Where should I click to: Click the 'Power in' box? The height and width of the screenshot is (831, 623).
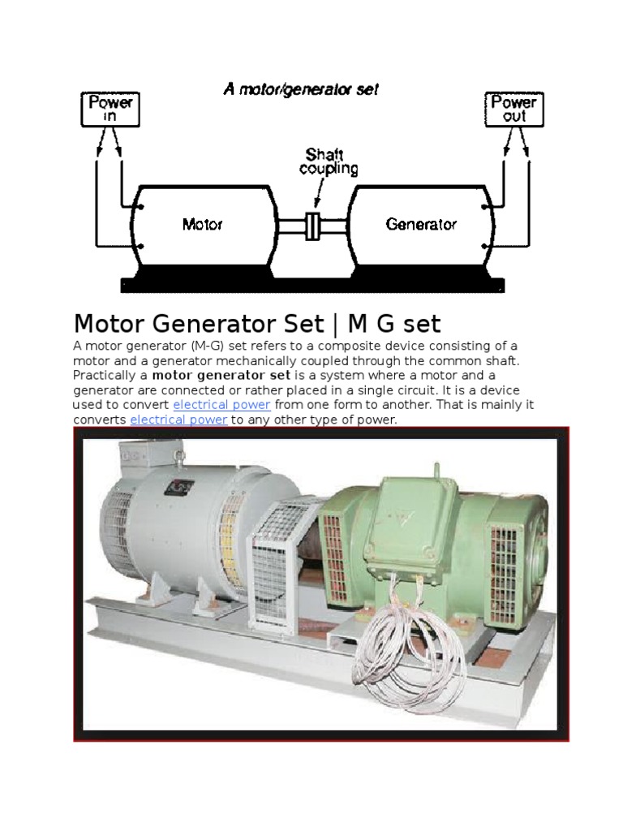[x=110, y=109]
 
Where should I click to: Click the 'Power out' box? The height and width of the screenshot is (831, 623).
[x=513, y=109]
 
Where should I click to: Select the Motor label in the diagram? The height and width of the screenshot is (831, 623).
[x=202, y=224]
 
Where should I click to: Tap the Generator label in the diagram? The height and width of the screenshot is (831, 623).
[x=421, y=224]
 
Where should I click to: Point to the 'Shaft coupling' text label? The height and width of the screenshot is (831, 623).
[x=329, y=161]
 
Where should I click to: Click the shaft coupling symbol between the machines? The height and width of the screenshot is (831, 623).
[x=312, y=226]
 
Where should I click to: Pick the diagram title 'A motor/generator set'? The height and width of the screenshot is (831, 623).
[x=301, y=89]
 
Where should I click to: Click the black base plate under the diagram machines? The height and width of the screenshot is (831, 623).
[x=312, y=285]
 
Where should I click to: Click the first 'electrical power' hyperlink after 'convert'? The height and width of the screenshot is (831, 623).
[x=221, y=404]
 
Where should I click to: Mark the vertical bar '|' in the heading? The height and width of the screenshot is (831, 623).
[x=336, y=324]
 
